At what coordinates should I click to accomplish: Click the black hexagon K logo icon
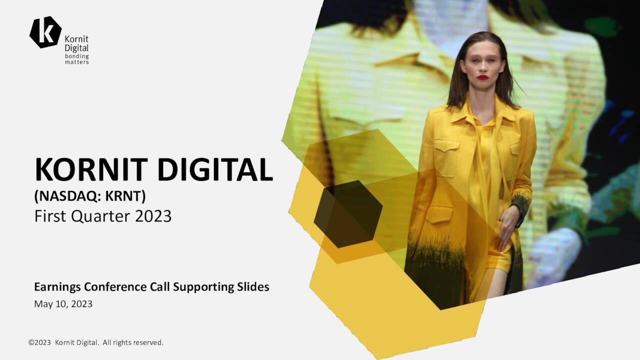pos(45,32)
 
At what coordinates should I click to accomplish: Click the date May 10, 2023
pos(63,304)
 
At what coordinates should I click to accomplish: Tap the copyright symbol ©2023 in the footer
pos(40,342)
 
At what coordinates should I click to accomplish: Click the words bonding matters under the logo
pos(77,59)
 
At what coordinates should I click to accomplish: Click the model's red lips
pos(482,77)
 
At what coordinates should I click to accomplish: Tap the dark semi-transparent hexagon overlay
pos(348,214)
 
